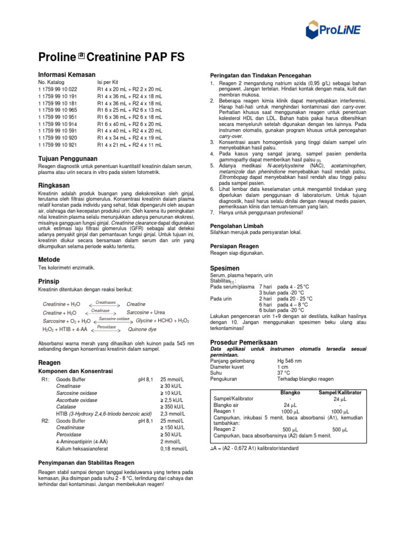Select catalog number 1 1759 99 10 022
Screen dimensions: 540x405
coord(57,89)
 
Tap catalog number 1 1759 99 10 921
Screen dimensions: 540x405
coord(57,144)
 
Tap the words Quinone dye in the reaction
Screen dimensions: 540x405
coord(142,329)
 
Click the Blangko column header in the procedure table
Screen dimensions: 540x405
coord(290,393)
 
